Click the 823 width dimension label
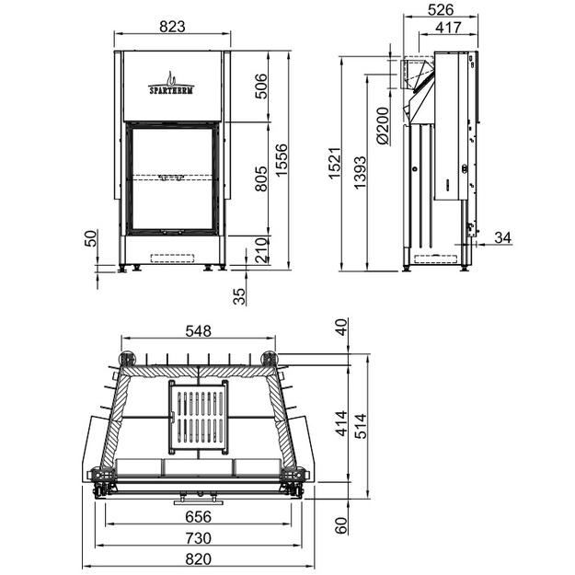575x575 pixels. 172,27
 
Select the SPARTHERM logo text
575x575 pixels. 171,90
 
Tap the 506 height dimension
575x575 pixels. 261,86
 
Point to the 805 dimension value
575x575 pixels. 261,178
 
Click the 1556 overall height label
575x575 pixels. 282,160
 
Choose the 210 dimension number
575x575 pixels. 261,250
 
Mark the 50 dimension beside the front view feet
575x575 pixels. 90,238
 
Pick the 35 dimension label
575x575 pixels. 239,296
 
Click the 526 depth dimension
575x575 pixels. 441,10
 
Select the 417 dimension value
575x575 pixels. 448,28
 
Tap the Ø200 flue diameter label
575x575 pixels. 383,126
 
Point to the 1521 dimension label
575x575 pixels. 335,164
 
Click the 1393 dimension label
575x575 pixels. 360,172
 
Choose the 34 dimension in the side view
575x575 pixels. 502,237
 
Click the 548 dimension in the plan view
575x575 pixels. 199,331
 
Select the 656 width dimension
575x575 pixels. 199,517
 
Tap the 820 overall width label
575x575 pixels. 199,559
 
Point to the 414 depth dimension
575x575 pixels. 341,423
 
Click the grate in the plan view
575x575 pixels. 199,417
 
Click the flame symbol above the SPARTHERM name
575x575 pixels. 171,78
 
